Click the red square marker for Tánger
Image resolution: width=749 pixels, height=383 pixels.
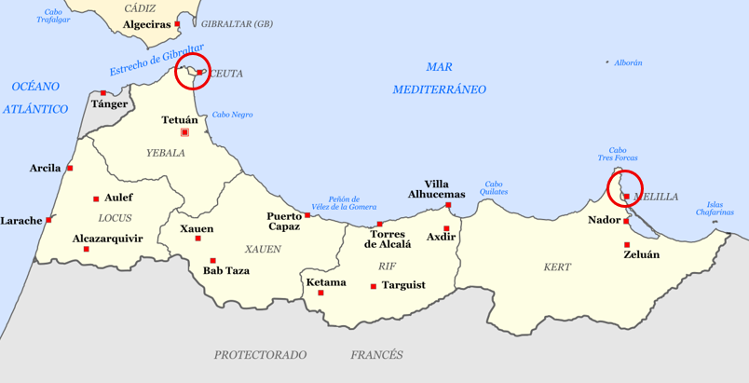103,92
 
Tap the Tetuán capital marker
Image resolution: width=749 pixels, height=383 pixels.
184,132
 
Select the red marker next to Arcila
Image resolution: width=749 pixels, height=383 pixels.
70,168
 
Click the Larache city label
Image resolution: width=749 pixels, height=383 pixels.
20,221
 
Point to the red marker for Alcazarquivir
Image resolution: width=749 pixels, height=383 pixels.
87,249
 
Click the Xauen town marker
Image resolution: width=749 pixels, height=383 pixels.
197,239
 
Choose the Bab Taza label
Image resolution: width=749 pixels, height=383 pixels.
226,271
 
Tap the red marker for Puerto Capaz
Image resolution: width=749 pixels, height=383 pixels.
307,215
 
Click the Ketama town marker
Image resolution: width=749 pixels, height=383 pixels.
321,293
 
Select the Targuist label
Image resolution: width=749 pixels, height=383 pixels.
403,285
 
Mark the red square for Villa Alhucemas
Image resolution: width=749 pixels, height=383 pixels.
448,205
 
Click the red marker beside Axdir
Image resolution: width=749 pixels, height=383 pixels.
447,228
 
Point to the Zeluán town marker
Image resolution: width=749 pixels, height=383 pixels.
627,245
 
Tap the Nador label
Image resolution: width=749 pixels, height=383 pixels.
604,221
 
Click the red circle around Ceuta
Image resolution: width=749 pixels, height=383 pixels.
193,71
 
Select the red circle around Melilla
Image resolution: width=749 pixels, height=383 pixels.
625,188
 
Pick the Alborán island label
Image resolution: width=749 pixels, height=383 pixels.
629,62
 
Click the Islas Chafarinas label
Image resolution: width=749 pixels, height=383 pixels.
715,209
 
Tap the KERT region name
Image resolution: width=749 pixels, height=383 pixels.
557,267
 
